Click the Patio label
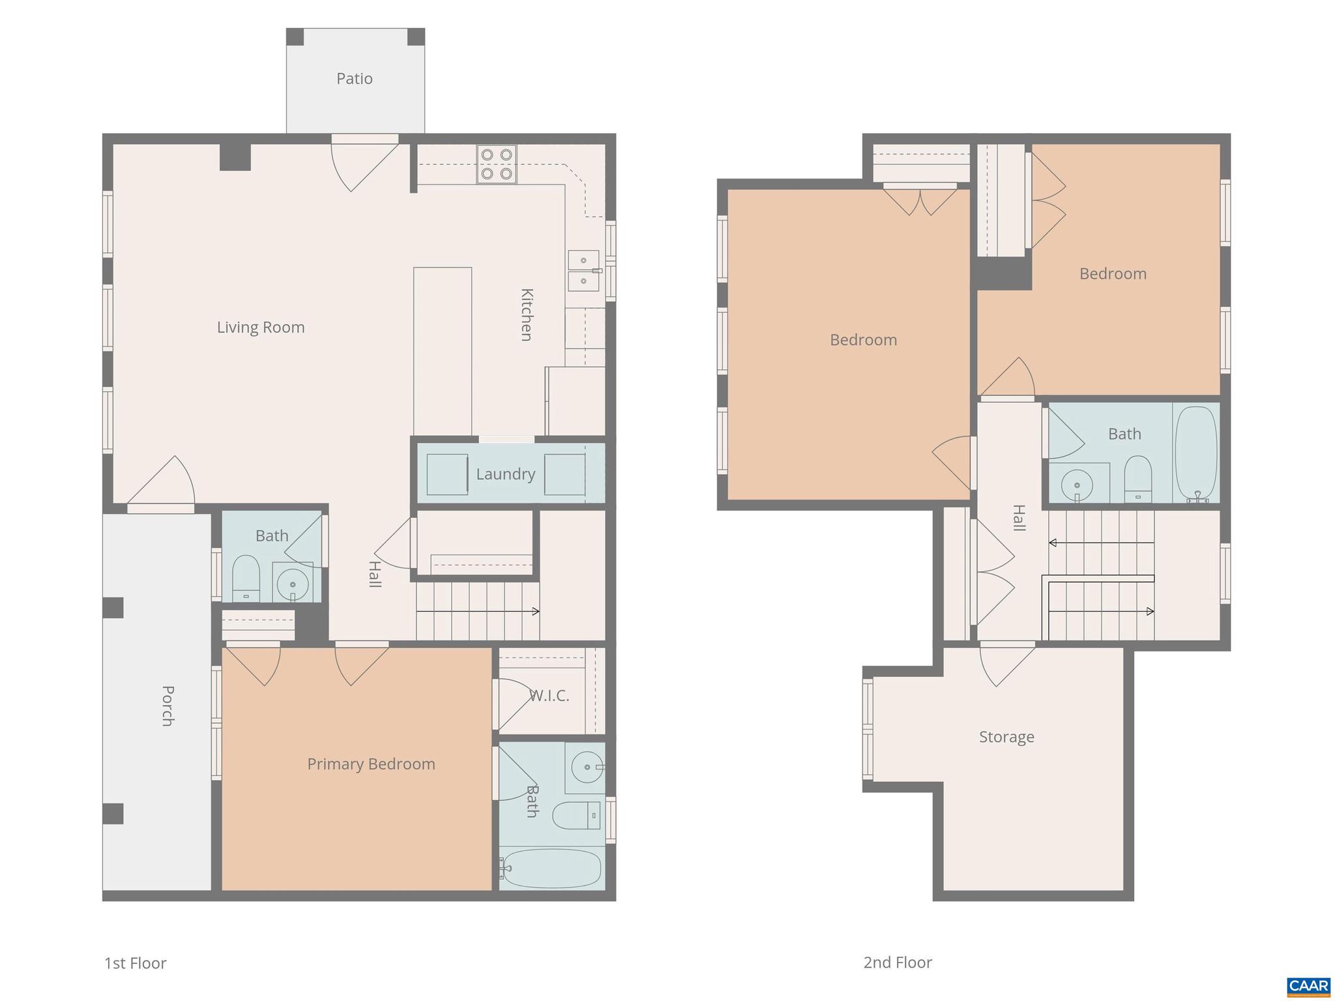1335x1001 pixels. click(355, 79)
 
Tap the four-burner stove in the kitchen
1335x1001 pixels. click(496, 164)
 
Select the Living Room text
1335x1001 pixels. click(261, 327)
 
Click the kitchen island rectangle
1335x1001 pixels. click(443, 351)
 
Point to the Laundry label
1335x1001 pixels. click(505, 474)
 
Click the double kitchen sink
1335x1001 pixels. click(584, 271)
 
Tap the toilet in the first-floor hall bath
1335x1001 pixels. click(246, 578)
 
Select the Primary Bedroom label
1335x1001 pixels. click(371, 764)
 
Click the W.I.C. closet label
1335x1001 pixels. click(550, 696)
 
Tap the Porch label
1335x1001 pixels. click(168, 706)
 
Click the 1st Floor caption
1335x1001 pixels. click(136, 963)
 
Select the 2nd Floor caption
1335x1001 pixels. click(898, 962)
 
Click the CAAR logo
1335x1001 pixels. click(1308, 985)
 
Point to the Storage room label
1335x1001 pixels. click(1006, 737)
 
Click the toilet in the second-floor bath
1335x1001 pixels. click(1138, 479)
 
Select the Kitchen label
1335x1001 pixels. click(527, 314)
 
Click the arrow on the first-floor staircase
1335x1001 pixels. click(535, 611)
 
